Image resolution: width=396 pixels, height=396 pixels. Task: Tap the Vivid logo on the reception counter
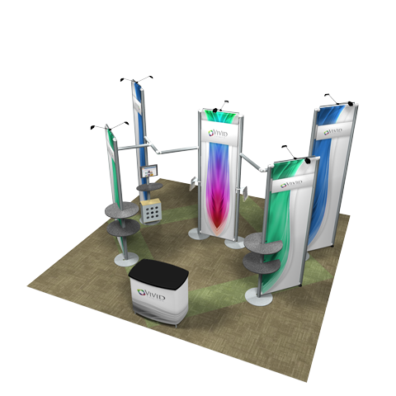click(151, 295)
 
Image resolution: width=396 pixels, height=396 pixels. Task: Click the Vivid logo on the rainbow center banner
click(218, 134)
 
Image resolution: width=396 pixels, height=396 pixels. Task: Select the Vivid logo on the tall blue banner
click(332, 131)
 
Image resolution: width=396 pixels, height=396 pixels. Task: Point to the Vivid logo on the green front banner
click(291, 184)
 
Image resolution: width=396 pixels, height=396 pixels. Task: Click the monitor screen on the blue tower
click(149, 172)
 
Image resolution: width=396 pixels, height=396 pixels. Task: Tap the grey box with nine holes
click(151, 211)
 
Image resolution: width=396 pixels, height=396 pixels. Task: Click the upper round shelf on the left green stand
click(121, 210)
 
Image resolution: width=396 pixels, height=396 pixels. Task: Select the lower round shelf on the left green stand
click(123, 228)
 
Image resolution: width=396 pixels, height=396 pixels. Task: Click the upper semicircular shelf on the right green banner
click(263, 242)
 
